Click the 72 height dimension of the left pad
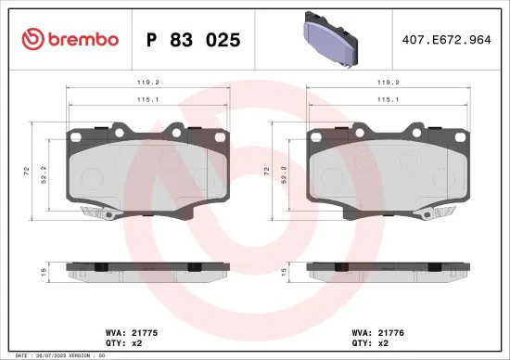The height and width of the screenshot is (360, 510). [x=27, y=172]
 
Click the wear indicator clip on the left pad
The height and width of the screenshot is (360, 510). [x=98, y=212]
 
